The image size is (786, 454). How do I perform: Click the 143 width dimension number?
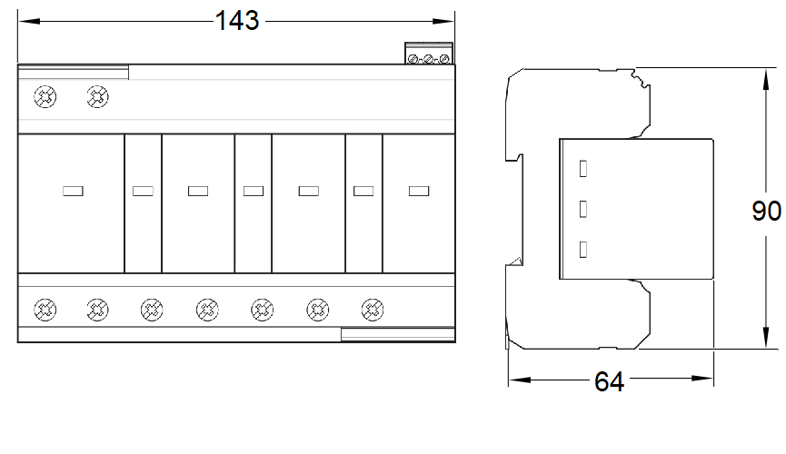click(237, 21)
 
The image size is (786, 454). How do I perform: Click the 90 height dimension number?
click(766, 211)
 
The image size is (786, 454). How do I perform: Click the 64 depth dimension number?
click(609, 382)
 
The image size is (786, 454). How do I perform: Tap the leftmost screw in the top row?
click(45, 97)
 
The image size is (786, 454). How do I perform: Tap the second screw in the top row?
click(97, 97)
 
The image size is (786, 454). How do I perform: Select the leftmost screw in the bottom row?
click(45, 310)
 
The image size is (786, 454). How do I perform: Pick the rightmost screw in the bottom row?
click(373, 310)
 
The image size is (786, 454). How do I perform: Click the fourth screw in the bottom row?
click(207, 310)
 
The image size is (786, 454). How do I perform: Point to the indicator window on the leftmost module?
click(73, 191)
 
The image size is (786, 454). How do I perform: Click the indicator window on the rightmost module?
click(419, 191)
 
